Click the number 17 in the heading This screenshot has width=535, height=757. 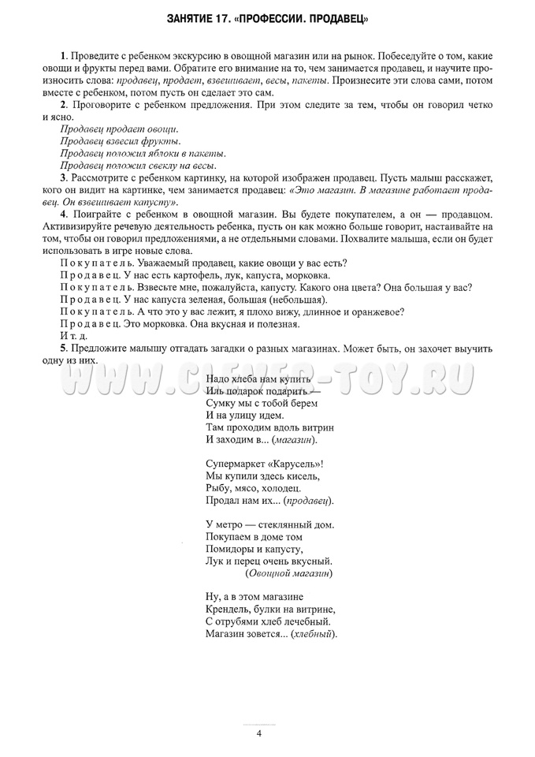tap(232, 17)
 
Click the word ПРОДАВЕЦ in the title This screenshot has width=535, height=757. tap(336, 17)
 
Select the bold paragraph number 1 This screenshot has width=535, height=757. tap(63, 58)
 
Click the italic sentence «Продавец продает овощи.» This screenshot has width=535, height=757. tap(119, 129)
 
